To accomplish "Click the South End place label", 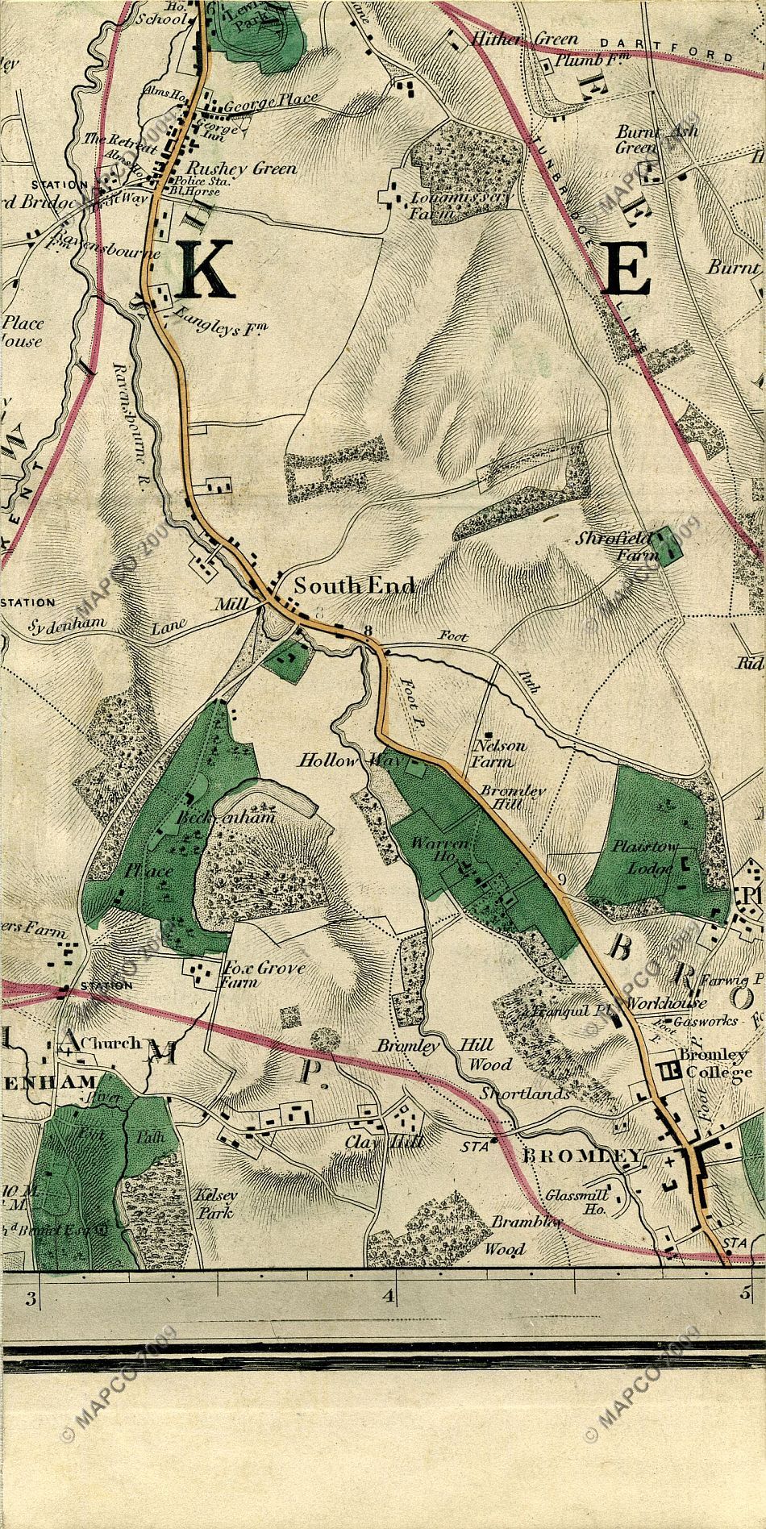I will (354, 585).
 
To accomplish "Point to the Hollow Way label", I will (333, 760).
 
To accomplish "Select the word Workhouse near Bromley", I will (666, 1004).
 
